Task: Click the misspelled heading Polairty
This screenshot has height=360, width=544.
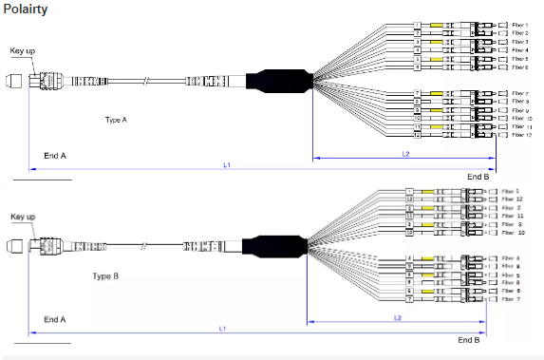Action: click(25, 9)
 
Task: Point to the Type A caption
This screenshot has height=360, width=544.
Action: click(116, 121)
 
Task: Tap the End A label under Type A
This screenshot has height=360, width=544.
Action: click(55, 153)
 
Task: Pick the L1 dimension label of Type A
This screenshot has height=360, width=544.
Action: click(227, 165)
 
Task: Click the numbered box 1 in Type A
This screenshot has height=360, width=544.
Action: click(417, 25)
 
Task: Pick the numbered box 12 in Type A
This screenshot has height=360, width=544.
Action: click(416, 135)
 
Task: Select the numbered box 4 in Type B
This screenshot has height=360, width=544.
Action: click(409, 258)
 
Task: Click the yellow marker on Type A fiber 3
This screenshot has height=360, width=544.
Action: click(438, 42)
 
